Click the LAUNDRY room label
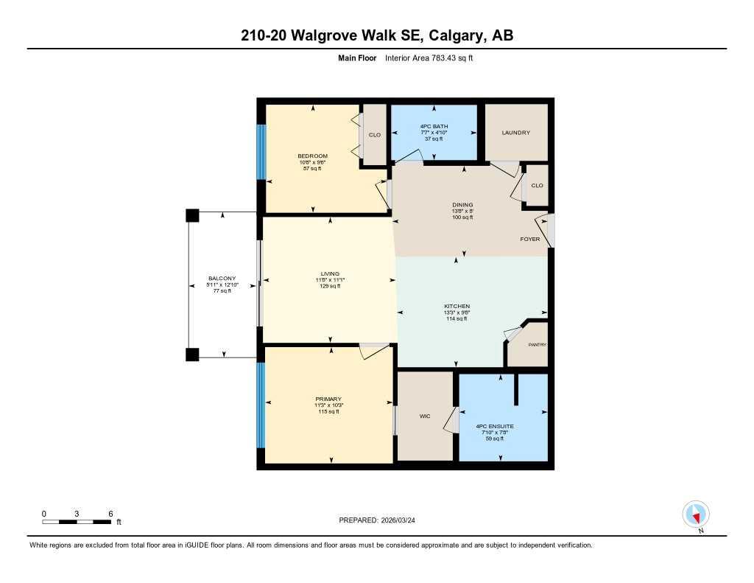515,133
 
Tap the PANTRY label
537,344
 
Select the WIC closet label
425,416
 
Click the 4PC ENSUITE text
495,426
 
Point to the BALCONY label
222,279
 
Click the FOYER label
529,240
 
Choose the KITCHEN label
457,306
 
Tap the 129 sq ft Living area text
329,286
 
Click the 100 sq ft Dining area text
462,217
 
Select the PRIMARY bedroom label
329,399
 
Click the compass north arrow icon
695,514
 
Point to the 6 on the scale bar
110,514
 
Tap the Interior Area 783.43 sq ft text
428,57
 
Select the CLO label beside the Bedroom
375,135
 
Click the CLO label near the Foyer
537,185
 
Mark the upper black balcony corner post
191,215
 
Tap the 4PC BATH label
434,126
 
